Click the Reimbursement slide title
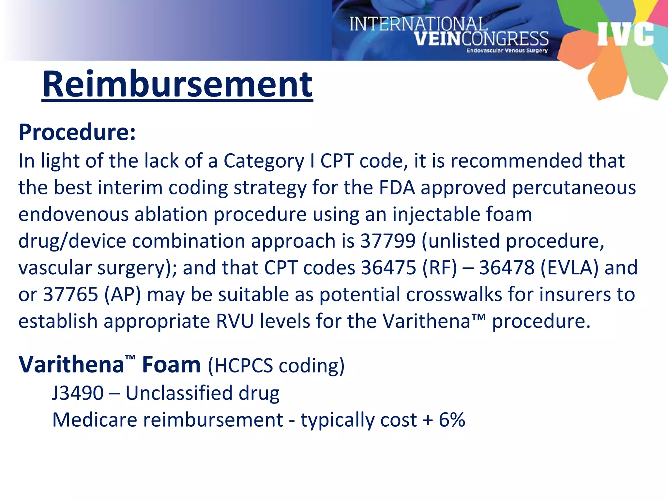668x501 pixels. (x=177, y=84)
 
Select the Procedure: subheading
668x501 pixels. (x=77, y=132)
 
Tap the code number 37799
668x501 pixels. (x=388, y=241)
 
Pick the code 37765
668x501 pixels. (x=70, y=295)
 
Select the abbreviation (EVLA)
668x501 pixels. (x=569, y=268)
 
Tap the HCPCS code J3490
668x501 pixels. (x=78, y=393)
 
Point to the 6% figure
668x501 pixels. (x=452, y=420)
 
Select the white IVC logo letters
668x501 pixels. (x=625, y=34)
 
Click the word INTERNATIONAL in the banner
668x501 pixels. (x=418, y=24)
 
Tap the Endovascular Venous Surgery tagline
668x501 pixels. (x=507, y=51)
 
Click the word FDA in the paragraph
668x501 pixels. (x=397, y=188)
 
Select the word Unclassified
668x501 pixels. (x=179, y=393)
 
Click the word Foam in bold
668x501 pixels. (x=171, y=365)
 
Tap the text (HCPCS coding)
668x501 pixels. (x=276, y=365)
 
